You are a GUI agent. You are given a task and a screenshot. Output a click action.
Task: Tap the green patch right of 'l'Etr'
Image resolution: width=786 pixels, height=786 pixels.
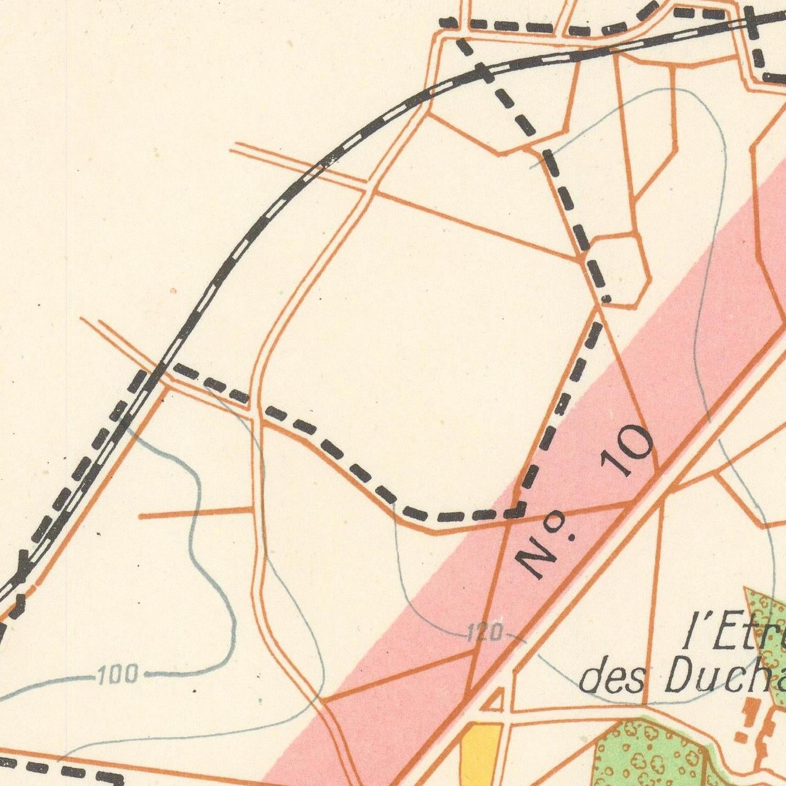point(768,629)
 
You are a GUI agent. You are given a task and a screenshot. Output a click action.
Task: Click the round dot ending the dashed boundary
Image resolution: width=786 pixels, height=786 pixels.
point(607,299)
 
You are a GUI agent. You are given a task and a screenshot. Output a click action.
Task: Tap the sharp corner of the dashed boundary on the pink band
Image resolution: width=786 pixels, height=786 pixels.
point(519,511)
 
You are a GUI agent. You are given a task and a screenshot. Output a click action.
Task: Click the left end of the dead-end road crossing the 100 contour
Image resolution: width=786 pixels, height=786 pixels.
point(140,517)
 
